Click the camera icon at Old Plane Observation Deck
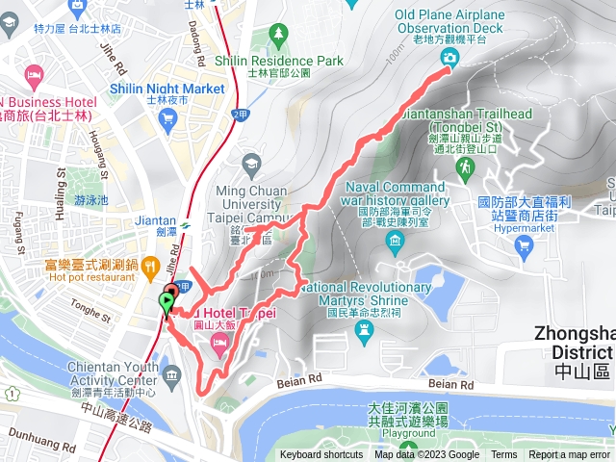(x=449, y=58)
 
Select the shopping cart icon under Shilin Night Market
(x=169, y=118)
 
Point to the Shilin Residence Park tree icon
(x=279, y=35)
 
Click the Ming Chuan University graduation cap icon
(x=252, y=164)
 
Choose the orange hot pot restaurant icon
(x=149, y=265)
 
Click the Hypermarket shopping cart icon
(x=524, y=246)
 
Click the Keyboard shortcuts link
(x=321, y=455)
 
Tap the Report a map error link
(x=569, y=455)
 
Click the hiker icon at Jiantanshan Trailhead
(x=464, y=168)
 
